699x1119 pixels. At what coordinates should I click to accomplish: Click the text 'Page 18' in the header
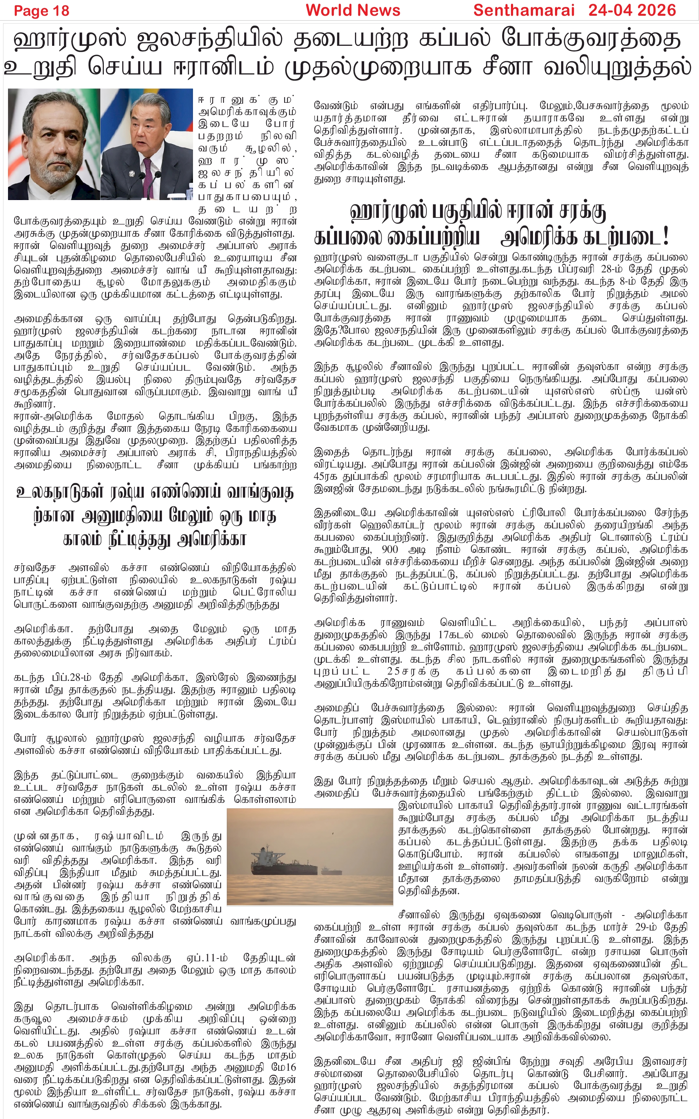click(x=42, y=10)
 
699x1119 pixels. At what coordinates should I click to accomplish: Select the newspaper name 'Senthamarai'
click(x=524, y=10)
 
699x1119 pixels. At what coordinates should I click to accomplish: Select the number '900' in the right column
click(x=390, y=550)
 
